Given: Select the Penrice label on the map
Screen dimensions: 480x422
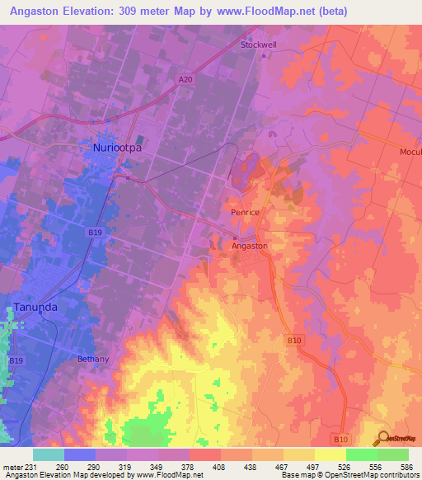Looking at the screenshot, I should [246, 213].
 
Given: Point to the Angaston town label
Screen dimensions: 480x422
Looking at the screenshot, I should [249, 246].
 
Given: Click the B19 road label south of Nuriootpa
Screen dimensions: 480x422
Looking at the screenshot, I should [96, 233].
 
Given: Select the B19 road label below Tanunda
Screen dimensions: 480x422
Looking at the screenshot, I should [16, 361].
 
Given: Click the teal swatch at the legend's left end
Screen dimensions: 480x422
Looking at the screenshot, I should [48, 454].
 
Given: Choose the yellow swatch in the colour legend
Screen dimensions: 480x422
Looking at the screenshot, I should [330, 454].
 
